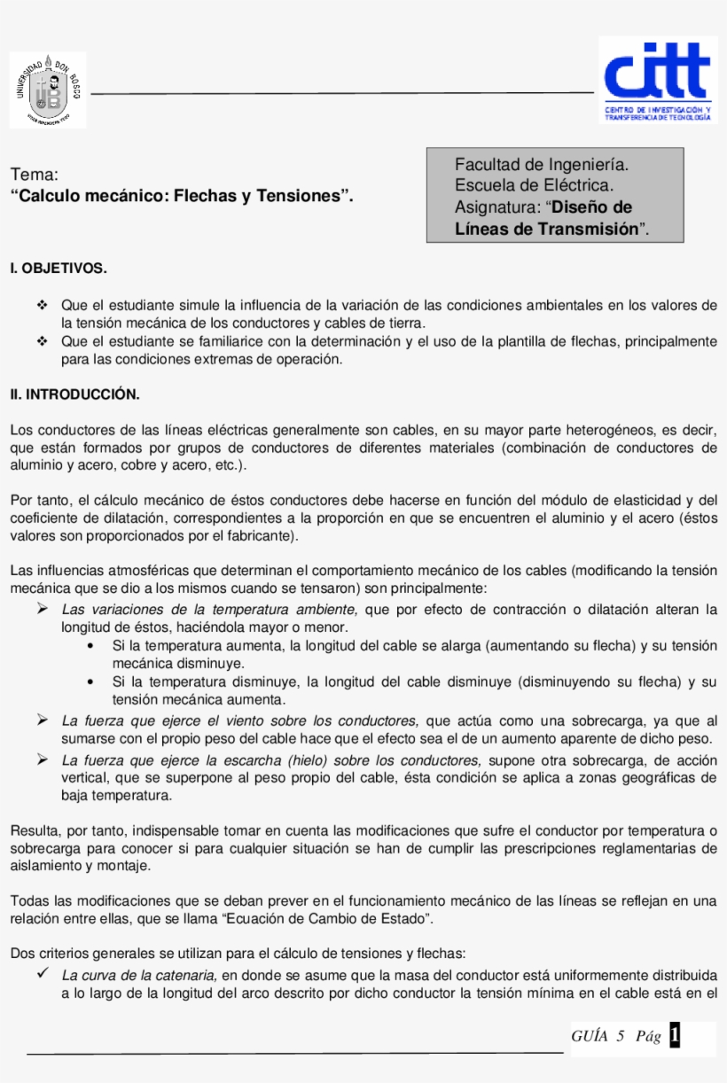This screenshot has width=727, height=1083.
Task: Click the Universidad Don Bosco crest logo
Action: [x=48, y=90]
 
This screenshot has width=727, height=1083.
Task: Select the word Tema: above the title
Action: [x=35, y=175]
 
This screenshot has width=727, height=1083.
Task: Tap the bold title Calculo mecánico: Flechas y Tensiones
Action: [x=182, y=195]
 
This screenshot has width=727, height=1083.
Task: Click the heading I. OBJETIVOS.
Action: [x=59, y=268]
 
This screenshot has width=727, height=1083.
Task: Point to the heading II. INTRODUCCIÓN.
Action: [x=74, y=394]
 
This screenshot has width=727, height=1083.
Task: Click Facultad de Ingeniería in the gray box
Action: [x=542, y=165]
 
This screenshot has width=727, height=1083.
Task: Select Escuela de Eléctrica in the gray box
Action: [x=534, y=185]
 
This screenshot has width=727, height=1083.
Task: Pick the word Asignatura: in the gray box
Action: [x=496, y=207]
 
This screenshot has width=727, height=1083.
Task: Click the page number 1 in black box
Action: [x=676, y=1035]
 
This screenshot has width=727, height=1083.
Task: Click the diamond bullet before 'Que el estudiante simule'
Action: [x=42, y=305]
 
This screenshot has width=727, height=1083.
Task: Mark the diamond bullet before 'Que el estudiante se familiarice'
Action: [x=42, y=341]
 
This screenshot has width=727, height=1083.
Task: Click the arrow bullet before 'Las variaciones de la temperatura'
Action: [x=42, y=609]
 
